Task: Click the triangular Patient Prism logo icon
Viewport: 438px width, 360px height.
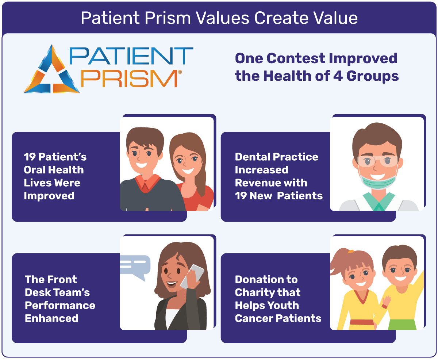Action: pyautogui.click(x=51, y=70)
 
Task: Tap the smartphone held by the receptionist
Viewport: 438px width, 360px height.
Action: pyautogui.click(x=193, y=276)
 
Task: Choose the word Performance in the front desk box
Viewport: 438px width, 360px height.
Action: pyautogui.click(x=60, y=305)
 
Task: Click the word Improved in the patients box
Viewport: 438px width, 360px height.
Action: pyautogui.click(x=49, y=196)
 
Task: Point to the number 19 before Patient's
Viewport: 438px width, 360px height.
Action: pyautogui.click(x=30, y=157)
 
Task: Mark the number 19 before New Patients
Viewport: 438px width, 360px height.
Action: pyautogui.click(x=241, y=196)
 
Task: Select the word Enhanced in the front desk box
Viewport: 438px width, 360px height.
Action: pyautogui.click(x=51, y=318)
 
